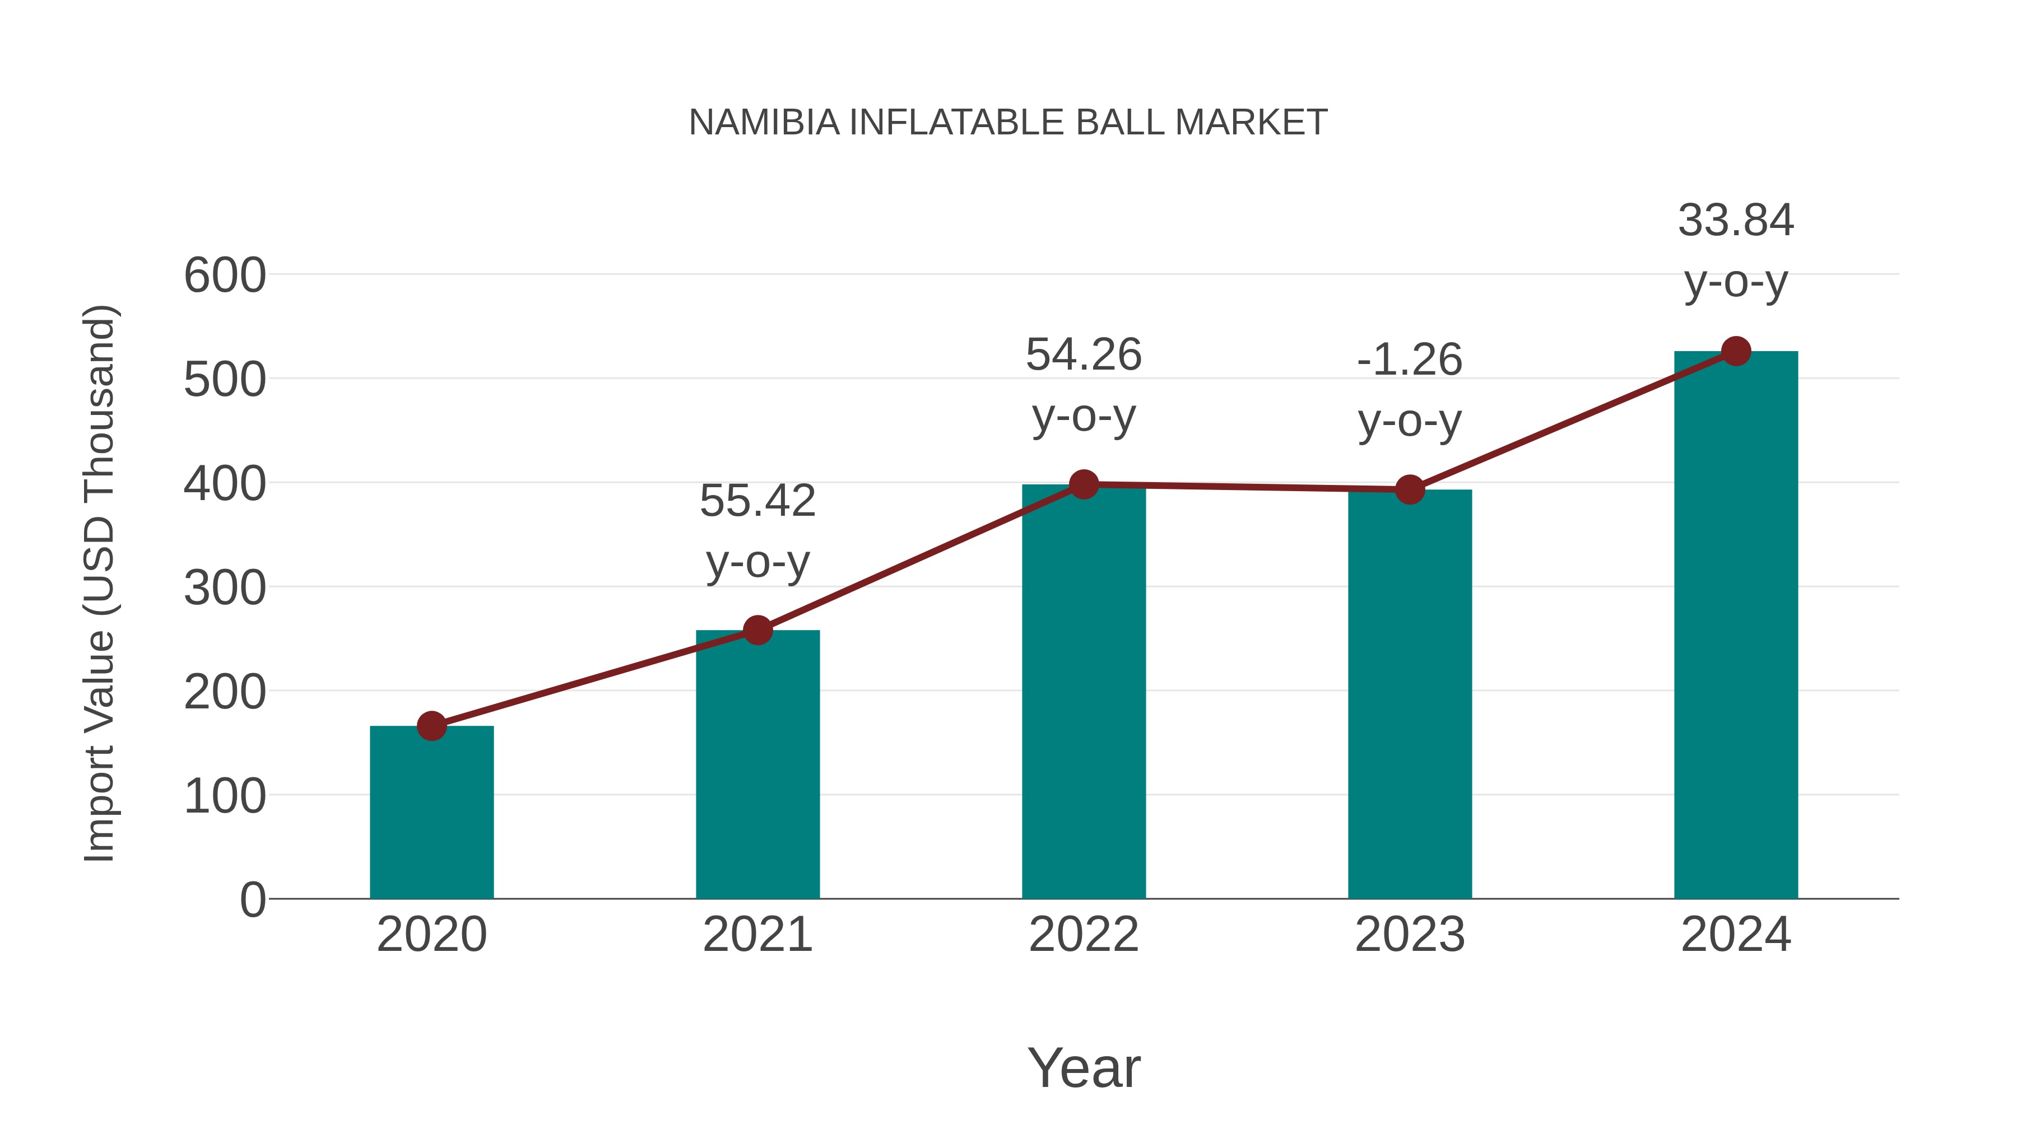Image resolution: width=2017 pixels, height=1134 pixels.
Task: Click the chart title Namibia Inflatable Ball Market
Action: (1008, 123)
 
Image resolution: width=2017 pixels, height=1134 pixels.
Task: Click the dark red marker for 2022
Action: (1084, 484)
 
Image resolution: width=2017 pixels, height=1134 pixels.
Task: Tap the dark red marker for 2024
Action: (1736, 351)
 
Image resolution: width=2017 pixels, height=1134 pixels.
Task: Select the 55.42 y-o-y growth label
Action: (757, 531)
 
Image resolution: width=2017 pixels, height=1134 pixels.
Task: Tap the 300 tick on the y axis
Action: (225, 588)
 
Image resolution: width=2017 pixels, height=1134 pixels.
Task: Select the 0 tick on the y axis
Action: (252, 899)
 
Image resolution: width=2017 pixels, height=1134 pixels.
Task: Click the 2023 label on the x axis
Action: (1410, 935)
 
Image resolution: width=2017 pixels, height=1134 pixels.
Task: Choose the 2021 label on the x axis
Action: (757, 935)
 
